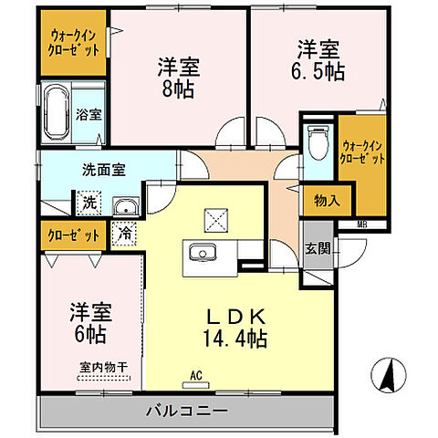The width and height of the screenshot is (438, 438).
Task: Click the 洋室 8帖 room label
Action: [x=178, y=78]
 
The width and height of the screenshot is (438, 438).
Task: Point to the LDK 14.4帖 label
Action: [x=235, y=328]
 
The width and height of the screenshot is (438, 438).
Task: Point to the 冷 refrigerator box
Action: [x=124, y=234]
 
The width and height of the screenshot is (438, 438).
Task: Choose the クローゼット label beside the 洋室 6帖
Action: [x=74, y=235]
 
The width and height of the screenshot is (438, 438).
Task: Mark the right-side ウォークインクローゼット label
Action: [x=362, y=151]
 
